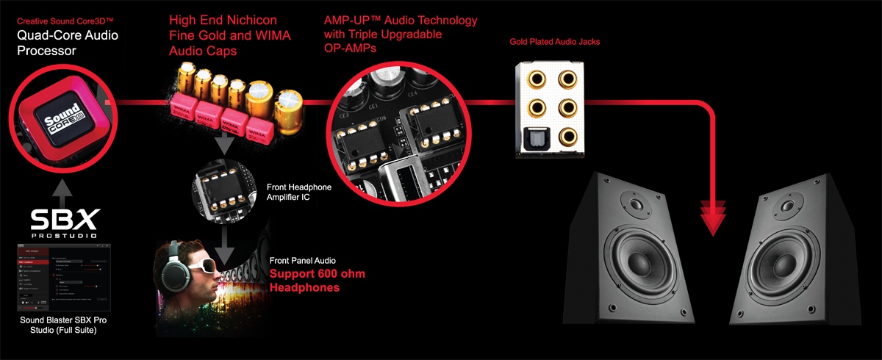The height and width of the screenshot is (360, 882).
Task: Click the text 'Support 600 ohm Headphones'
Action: tap(316, 281)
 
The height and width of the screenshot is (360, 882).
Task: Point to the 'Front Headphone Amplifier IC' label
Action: tap(298, 192)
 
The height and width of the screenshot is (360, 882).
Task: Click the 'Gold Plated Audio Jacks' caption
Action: tap(554, 42)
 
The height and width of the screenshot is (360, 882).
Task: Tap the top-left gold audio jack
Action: tap(533, 77)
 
